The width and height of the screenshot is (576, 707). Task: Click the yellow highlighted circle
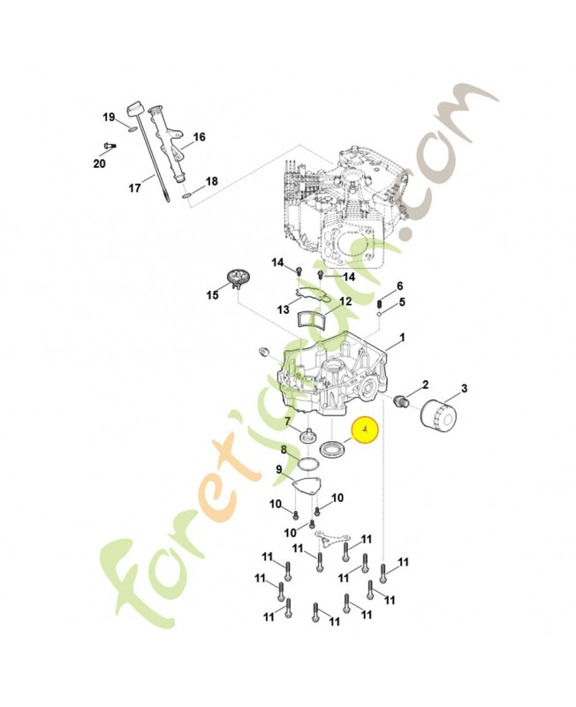(365, 430)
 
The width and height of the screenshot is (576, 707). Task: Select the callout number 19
(109, 118)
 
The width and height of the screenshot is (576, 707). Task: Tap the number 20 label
(99, 163)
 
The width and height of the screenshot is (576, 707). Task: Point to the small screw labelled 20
(110, 146)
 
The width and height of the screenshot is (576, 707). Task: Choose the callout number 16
(199, 137)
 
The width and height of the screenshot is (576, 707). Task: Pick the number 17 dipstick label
(135, 187)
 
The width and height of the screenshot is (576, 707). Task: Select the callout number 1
(402, 338)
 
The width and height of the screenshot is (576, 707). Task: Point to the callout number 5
(402, 301)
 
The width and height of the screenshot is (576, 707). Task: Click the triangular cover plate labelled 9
(308, 486)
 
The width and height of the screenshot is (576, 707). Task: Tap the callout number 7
(287, 422)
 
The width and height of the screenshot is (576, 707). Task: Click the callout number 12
(345, 301)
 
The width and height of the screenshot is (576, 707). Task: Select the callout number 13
(283, 310)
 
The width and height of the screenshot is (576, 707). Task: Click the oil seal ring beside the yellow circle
(334, 449)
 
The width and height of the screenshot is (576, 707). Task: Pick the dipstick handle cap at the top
(134, 110)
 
